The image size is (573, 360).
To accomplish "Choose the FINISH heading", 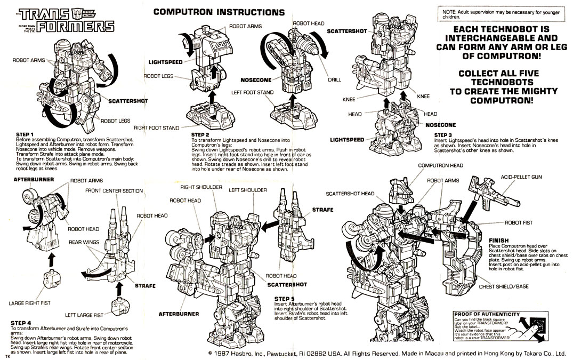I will pyautogui.click(x=498, y=240).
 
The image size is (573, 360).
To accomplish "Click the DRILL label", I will pyautogui.click(x=334, y=79).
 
